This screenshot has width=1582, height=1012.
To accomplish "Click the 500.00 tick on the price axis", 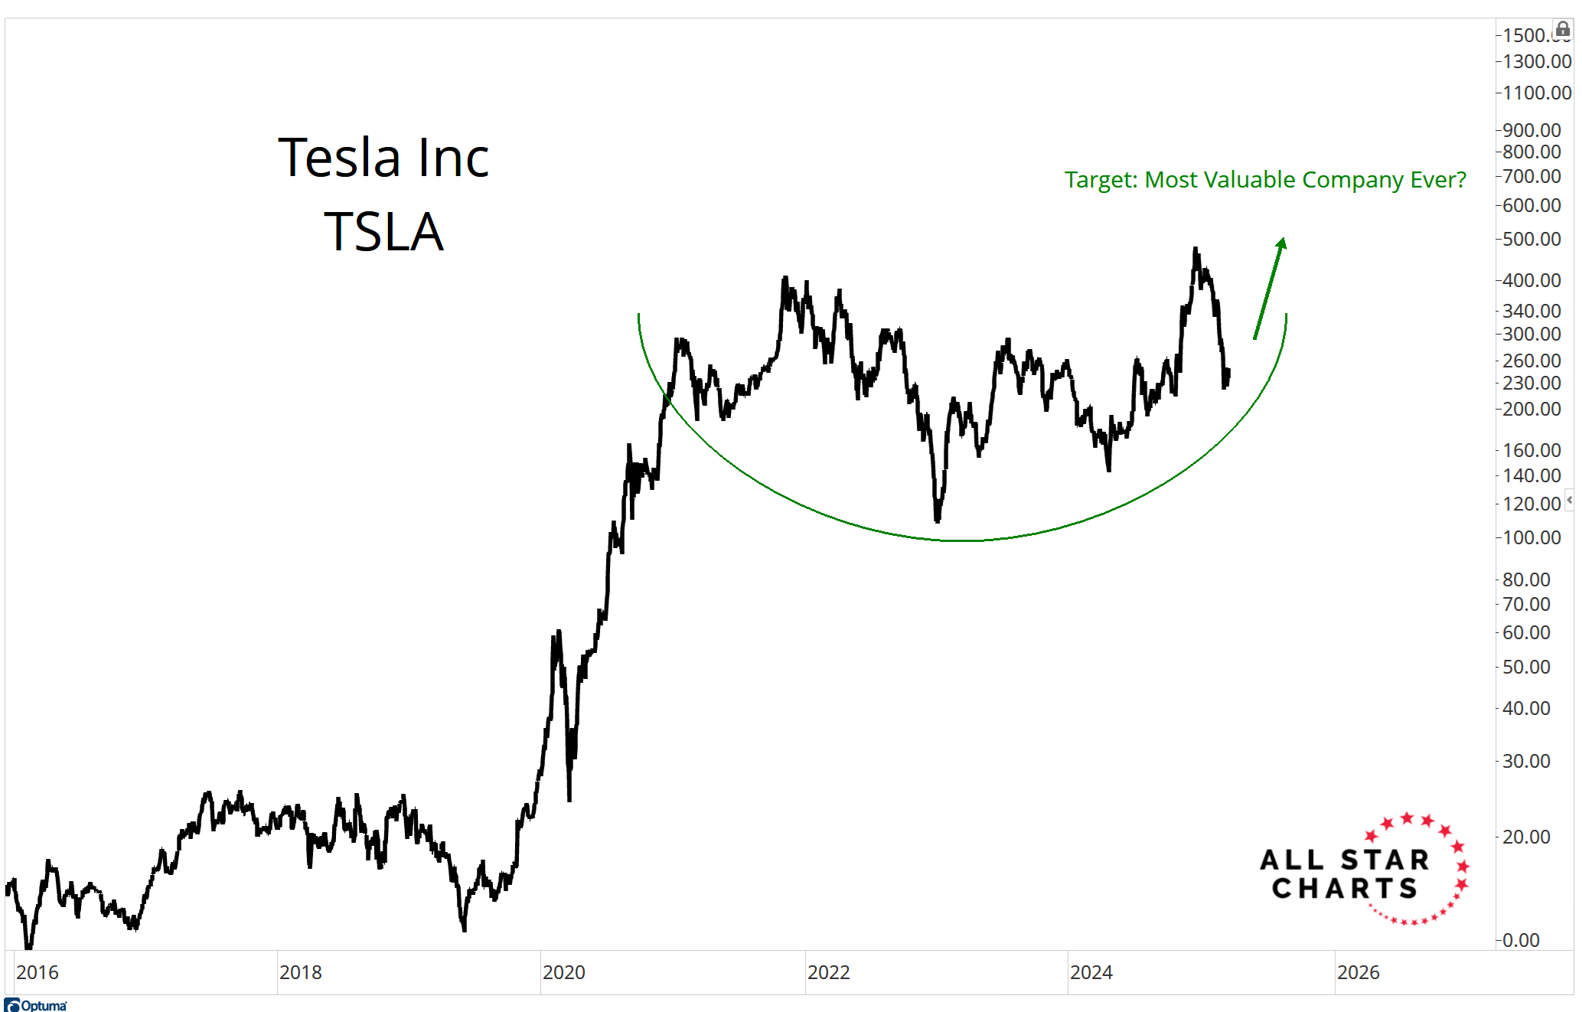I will coord(1531,239).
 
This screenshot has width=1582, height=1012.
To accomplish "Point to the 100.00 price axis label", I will coord(1531,537).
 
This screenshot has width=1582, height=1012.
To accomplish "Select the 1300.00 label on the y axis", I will coord(1536,61).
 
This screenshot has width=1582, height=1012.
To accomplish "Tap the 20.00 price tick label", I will coord(1526,837).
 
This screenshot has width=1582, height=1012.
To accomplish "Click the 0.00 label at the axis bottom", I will coord(1521,940).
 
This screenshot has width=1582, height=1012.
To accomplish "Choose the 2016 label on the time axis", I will coord(37,972).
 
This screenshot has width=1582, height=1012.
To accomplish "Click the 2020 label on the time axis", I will coord(563,972).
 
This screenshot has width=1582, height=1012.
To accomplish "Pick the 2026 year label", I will coord(1358,972).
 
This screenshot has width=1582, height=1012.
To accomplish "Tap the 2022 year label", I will coord(828,972).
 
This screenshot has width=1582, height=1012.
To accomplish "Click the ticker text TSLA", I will coord(383,232).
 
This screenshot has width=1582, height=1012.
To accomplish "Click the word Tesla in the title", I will coord(338,158).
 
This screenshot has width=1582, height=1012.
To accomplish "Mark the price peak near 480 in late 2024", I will coord(1195,250).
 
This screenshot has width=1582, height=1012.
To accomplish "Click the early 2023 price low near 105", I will coord(938,521).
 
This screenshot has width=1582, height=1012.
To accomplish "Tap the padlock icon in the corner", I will coord(1563,30).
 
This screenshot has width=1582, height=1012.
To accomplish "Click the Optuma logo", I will coord(36,1005).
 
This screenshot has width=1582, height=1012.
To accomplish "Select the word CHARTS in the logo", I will coord(1345,889).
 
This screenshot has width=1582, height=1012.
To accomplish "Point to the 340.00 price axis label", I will coord(1531,311).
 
